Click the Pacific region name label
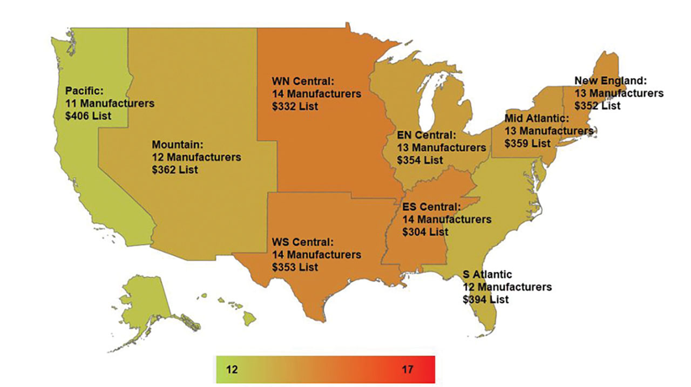click(x=84, y=91)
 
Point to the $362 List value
click(x=175, y=169)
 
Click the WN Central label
click(x=304, y=82)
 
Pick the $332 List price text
click(x=295, y=106)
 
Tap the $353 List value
click(x=295, y=267)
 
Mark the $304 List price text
click(x=425, y=232)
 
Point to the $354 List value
click(x=420, y=160)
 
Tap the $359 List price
click(x=527, y=143)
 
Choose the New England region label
click(x=611, y=81)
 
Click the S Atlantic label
click(x=487, y=275)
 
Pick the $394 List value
click(x=485, y=299)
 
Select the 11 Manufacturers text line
click(x=110, y=103)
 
